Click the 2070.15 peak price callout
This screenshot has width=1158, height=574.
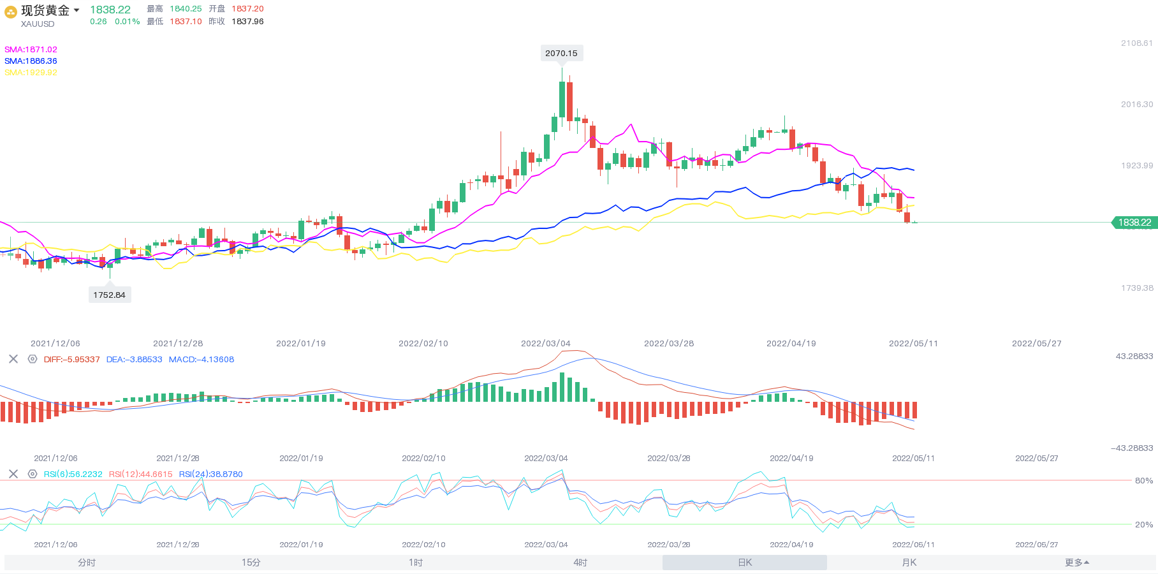[x=561, y=54]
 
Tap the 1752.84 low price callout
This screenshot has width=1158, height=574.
[x=109, y=295]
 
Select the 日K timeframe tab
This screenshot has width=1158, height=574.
[x=744, y=563]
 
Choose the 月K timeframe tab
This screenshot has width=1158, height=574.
[x=909, y=563]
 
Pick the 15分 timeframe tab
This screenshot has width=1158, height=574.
[x=251, y=563]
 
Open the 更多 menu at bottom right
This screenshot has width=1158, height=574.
[x=1076, y=563]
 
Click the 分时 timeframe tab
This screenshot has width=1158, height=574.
[x=87, y=563]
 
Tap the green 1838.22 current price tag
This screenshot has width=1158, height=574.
[x=1134, y=223]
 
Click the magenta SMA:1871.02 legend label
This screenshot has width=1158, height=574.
[x=31, y=50]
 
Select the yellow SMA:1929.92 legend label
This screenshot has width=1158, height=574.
[x=31, y=73]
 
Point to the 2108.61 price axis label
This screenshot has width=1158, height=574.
[x=1136, y=43]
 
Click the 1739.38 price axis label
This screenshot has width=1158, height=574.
[x=1136, y=288]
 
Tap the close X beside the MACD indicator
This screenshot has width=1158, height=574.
[x=13, y=359]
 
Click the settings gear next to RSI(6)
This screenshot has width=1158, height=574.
[x=33, y=474]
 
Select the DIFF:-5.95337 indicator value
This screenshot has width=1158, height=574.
[x=71, y=360]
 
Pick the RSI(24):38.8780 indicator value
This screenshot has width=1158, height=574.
[x=210, y=475]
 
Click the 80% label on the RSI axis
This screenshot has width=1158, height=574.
[x=1143, y=481]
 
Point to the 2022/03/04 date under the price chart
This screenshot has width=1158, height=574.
[x=545, y=344]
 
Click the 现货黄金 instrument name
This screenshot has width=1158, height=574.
[x=45, y=10]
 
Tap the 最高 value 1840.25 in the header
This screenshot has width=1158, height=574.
[x=186, y=9]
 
